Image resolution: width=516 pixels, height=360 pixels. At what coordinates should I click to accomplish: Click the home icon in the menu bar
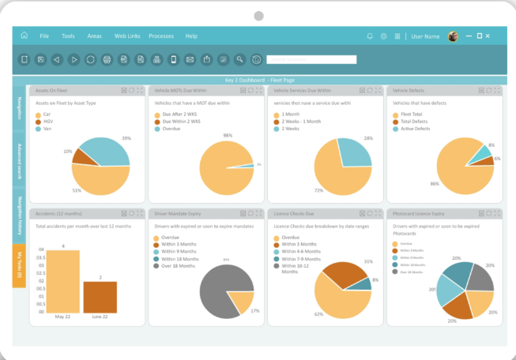24,36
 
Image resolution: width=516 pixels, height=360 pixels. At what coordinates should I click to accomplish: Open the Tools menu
68,36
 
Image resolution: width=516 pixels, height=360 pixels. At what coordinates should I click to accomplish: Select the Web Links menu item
127,36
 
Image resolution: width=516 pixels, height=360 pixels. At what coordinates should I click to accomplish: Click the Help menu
191,36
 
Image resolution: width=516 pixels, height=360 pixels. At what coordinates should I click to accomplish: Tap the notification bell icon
369,36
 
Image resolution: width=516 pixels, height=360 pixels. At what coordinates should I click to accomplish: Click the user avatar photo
453,36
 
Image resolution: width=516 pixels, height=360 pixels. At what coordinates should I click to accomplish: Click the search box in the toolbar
311,59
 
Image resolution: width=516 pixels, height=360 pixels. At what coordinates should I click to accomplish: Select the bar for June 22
100,297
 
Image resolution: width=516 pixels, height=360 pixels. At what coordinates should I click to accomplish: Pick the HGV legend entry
47,122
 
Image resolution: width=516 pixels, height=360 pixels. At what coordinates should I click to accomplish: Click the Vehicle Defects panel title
409,91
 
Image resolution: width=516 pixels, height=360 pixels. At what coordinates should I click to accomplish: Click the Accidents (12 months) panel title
57,213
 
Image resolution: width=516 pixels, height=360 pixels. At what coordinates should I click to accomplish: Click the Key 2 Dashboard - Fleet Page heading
258,80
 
